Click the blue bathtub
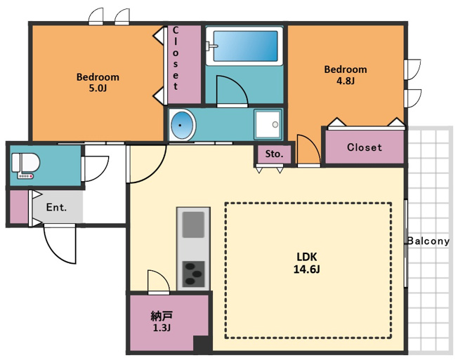coord(244,46)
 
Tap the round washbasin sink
coord(183,125)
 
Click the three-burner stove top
coord(193,274)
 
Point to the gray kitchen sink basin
coord(193,225)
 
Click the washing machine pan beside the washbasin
coord(268,124)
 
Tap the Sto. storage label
coord(274,154)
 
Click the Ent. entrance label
coord(56,208)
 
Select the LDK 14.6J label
coord(306,263)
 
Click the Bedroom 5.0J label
coord(98,82)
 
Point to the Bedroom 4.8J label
coord(346,74)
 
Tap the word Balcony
coord(428,241)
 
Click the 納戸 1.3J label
coord(162,321)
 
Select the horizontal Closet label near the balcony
coord(365,147)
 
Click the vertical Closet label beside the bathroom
coord(176,58)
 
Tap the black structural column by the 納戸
coord(202,344)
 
